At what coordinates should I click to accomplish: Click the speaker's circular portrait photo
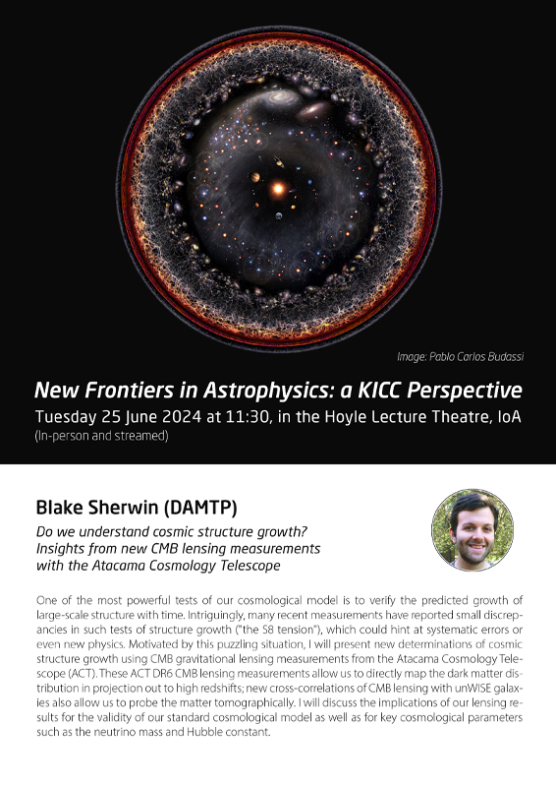click(473, 529)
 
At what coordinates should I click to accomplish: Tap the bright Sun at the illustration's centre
click(278, 189)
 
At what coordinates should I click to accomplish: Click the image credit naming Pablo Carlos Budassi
click(461, 356)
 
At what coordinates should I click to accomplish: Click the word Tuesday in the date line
click(66, 417)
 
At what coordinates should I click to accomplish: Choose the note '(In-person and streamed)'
click(102, 436)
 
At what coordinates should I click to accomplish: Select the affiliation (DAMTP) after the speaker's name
click(200, 508)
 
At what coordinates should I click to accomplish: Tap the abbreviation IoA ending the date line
click(509, 416)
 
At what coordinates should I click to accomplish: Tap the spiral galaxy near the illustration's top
click(281, 95)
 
